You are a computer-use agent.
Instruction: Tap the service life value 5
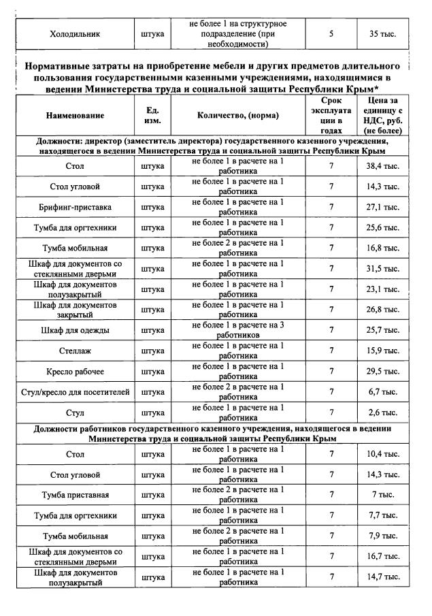[x=331, y=33]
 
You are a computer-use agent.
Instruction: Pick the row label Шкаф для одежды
[x=76, y=330]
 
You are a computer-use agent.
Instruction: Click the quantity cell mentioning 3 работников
[x=237, y=330]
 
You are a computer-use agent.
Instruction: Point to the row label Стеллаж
[x=76, y=351]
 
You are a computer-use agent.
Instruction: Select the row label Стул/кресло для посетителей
[x=76, y=392]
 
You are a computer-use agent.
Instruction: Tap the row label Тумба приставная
[x=76, y=495]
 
